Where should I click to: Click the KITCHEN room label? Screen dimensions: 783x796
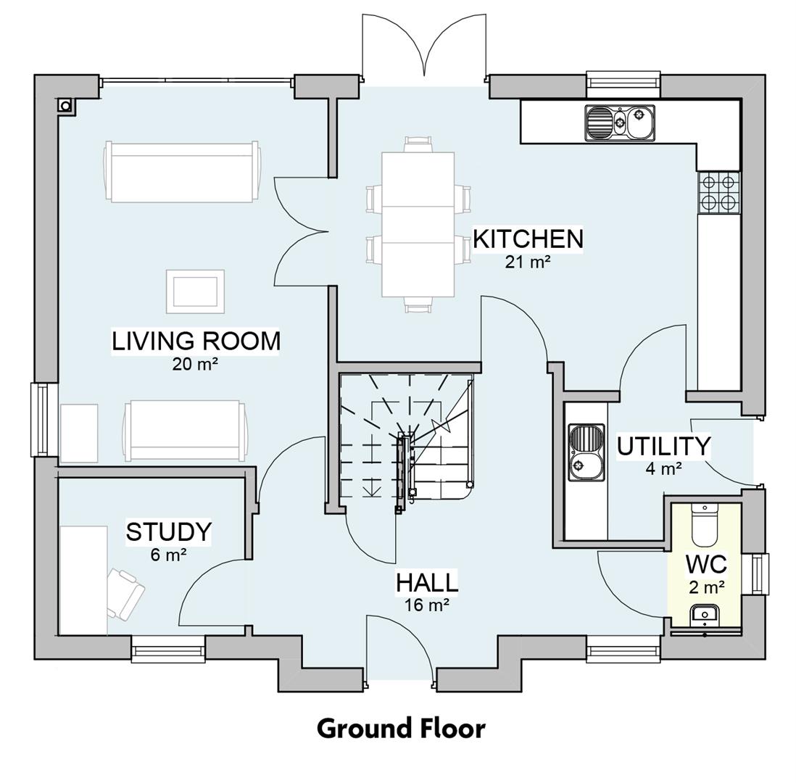[x=528, y=239]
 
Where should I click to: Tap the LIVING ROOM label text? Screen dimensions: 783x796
[x=195, y=340]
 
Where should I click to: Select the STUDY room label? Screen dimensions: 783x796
[x=168, y=531]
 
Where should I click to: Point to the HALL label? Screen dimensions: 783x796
[x=426, y=582]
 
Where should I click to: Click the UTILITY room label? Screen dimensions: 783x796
[x=663, y=446]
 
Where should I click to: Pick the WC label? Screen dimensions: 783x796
[x=706, y=564]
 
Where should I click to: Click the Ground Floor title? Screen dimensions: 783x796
[x=400, y=728]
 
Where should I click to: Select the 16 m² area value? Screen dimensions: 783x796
[x=426, y=605]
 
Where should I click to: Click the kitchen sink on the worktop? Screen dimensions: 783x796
[x=620, y=123]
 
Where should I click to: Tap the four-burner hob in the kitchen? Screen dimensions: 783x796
[x=718, y=192]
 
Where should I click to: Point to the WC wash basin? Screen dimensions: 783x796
[x=705, y=615]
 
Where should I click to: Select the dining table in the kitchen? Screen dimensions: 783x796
[x=418, y=224]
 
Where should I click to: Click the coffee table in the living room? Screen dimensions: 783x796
[x=195, y=291]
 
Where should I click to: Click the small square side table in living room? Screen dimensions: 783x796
[x=78, y=433]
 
